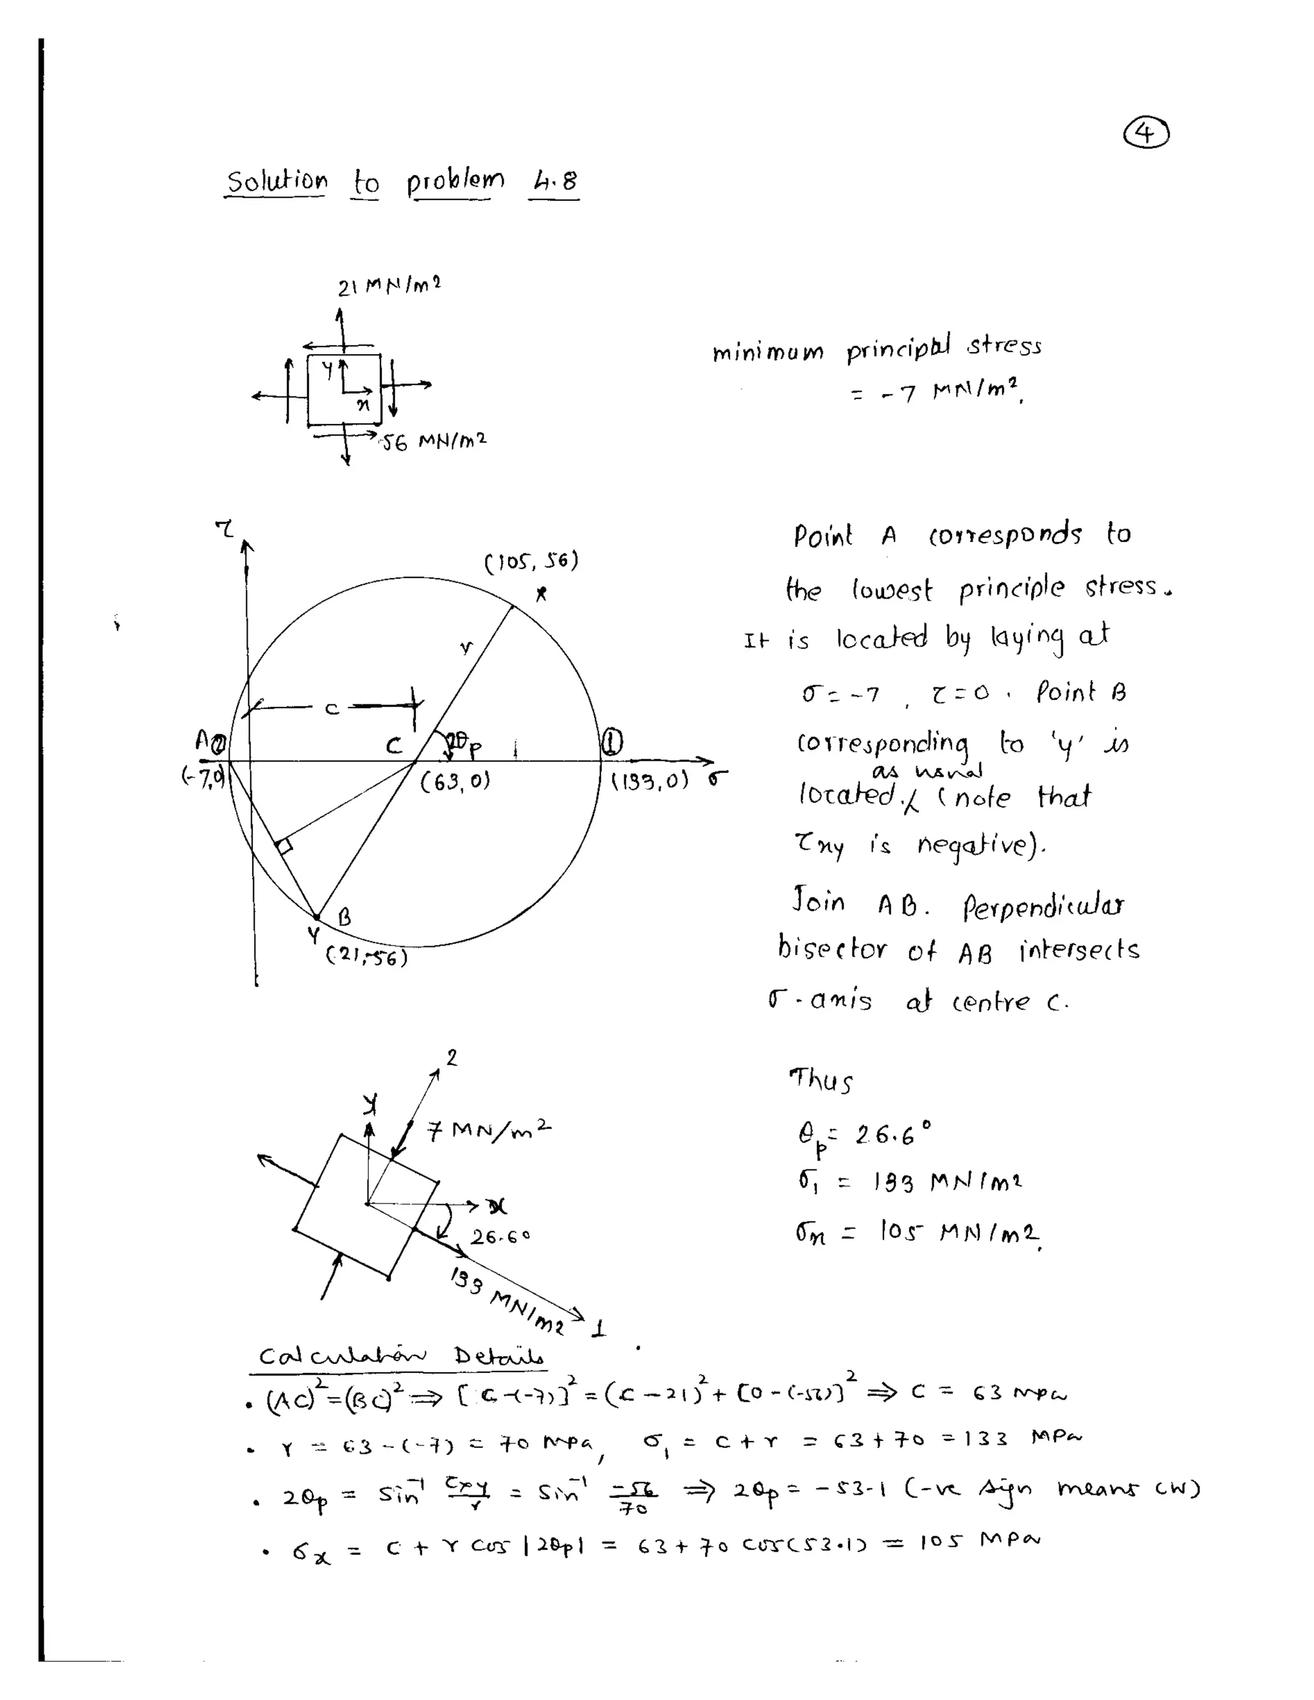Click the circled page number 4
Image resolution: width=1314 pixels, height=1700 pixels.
coord(1146,134)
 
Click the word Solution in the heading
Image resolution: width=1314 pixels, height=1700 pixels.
coord(277,182)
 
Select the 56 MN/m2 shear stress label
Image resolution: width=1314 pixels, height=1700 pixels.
coord(434,441)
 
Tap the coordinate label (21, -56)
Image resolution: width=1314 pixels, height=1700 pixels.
coord(366,956)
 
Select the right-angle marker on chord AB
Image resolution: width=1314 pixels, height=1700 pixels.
coord(284,846)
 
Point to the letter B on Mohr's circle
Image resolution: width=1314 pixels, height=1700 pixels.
coord(343,918)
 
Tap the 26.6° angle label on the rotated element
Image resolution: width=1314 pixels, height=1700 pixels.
coord(499,1236)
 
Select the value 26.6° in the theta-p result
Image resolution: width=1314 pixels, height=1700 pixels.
coord(891,1134)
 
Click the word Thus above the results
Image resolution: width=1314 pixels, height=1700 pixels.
coord(821,1080)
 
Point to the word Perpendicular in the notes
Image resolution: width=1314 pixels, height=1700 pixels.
coord(1043,906)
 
